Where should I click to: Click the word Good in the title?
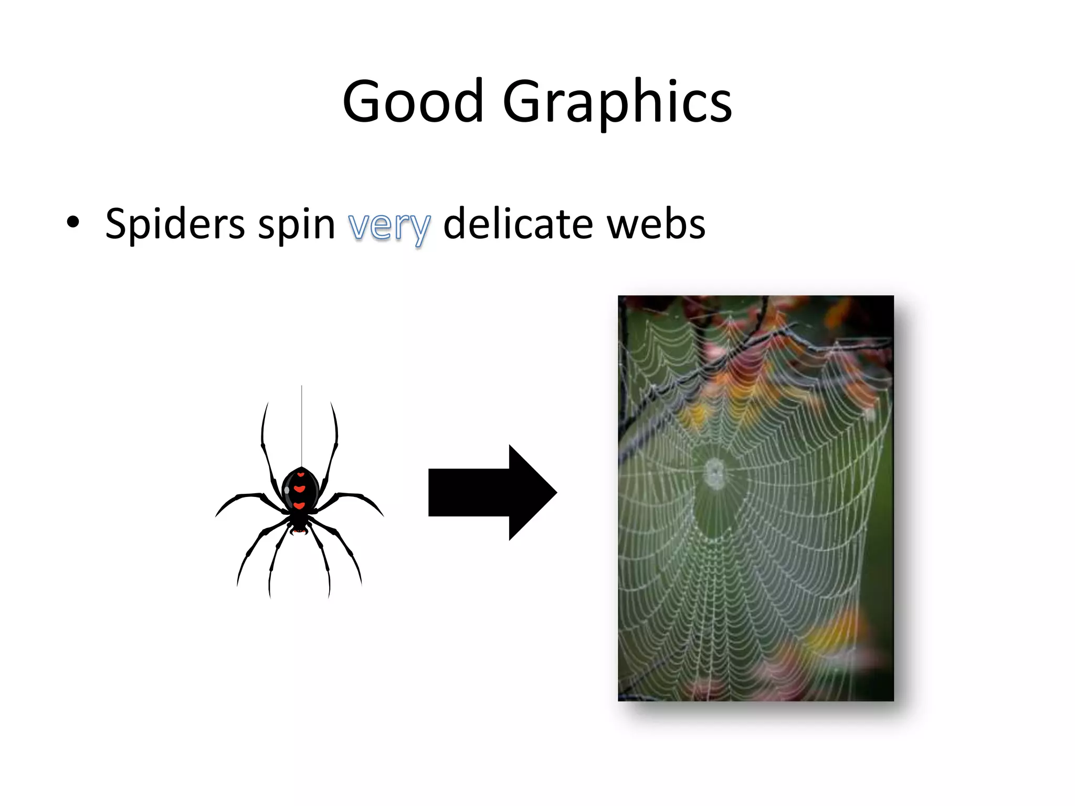(413, 101)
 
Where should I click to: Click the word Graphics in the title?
(617, 102)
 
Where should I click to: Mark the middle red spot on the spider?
(300, 489)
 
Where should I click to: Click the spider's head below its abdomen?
(299, 524)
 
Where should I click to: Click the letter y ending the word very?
(420, 229)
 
